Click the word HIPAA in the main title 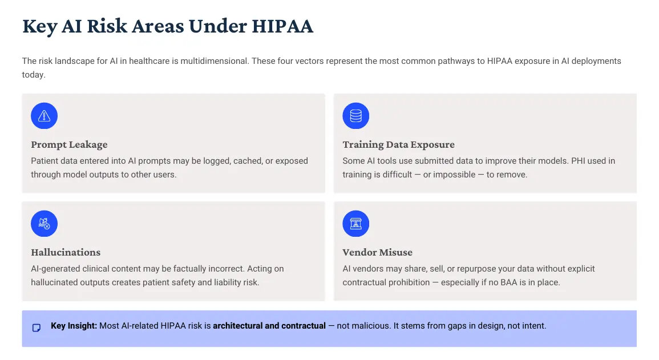[282, 26]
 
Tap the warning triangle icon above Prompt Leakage [44, 115]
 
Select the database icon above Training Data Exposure [355, 115]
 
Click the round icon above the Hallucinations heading [44, 224]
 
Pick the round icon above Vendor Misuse [355, 224]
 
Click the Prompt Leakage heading [70, 144]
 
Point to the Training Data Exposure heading [398, 144]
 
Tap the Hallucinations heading [66, 252]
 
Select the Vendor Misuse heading [377, 252]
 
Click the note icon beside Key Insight [37, 327]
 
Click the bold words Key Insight [74, 326]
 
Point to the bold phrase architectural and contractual [269, 326]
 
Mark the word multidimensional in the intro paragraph [215, 61]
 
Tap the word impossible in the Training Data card [454, 175]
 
